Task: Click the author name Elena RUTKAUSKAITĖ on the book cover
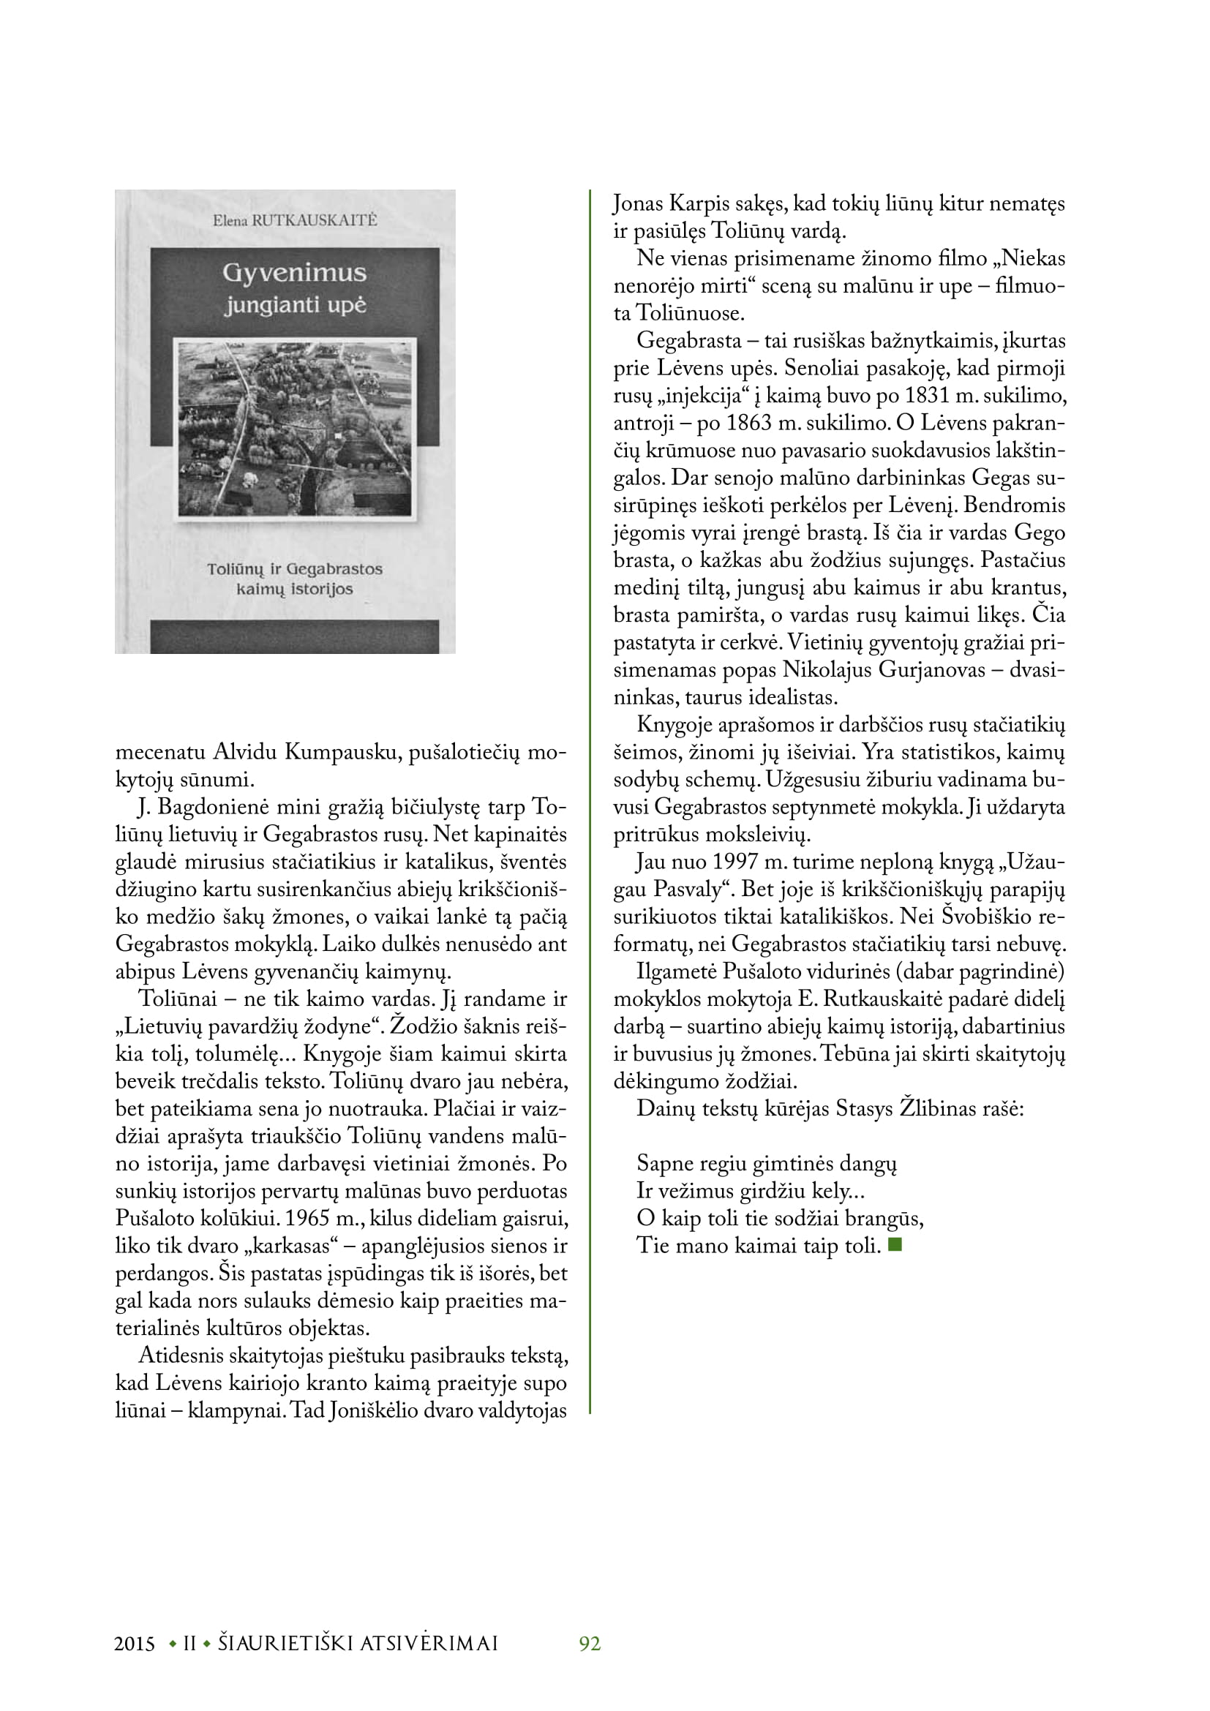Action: coord(295,220)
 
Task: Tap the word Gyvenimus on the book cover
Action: coord(294,273)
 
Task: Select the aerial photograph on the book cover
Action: coord(295,429)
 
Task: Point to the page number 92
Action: coord(590,1643)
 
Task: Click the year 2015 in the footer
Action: coord(135,1644)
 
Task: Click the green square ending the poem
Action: coord(895,1244)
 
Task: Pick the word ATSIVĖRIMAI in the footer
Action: coord(429,1644)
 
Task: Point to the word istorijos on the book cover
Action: coord(323,589)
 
